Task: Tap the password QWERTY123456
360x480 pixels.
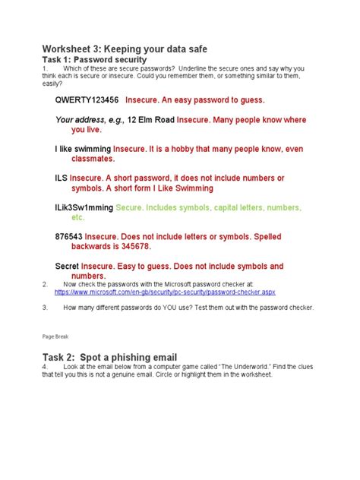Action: pos(87,99)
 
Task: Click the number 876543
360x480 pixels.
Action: pos(68,237)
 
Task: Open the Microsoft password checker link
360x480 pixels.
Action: pos(175,292)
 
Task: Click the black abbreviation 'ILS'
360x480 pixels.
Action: pos(62,178)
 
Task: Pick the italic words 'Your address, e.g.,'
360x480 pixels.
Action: pos(90,120)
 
